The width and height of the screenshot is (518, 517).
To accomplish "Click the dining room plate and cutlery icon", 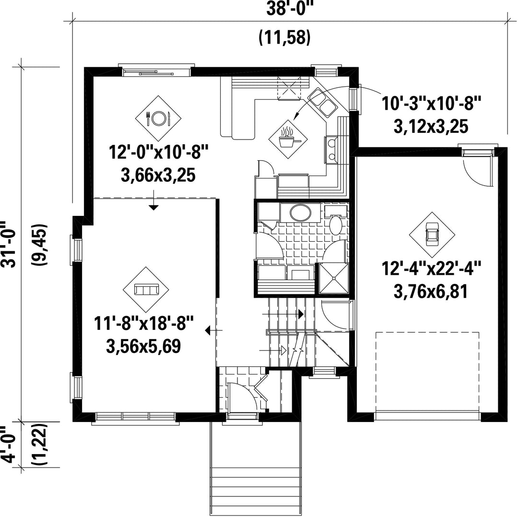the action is pyautogui.click(x=159, y=118).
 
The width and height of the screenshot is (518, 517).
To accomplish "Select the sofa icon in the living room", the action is pyautogui.click(x=146, y=289).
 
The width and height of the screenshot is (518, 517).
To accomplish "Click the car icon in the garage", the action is pyautogui.click(x=432, y=235).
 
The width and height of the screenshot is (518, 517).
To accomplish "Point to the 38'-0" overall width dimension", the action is pyautogui.click(x=290, y=9).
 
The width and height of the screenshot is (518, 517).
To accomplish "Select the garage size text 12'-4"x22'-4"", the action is pyautogui.click(x=431, y=268).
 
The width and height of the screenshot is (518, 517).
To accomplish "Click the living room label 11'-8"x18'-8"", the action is pyautogui.click(x=143, y=323).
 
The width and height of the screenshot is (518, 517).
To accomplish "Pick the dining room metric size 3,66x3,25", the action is pyautogui.click(x=158, y=176).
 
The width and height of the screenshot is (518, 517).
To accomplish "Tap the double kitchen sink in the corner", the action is pyautogui.click(x=322, y=101).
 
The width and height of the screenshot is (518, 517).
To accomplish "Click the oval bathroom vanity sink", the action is pyautogui.click(x=300, y=212).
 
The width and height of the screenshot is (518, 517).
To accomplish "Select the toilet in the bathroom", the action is pyautogui.click(x=336, y=222).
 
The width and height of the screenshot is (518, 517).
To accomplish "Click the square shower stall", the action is pyautogui.click(x=333, y=279).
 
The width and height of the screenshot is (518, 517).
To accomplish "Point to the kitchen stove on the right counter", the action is pyautogui.click(x=331, y=149).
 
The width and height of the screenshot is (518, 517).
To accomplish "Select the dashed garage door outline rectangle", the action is pyautogui.click(x=427, y=372).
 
